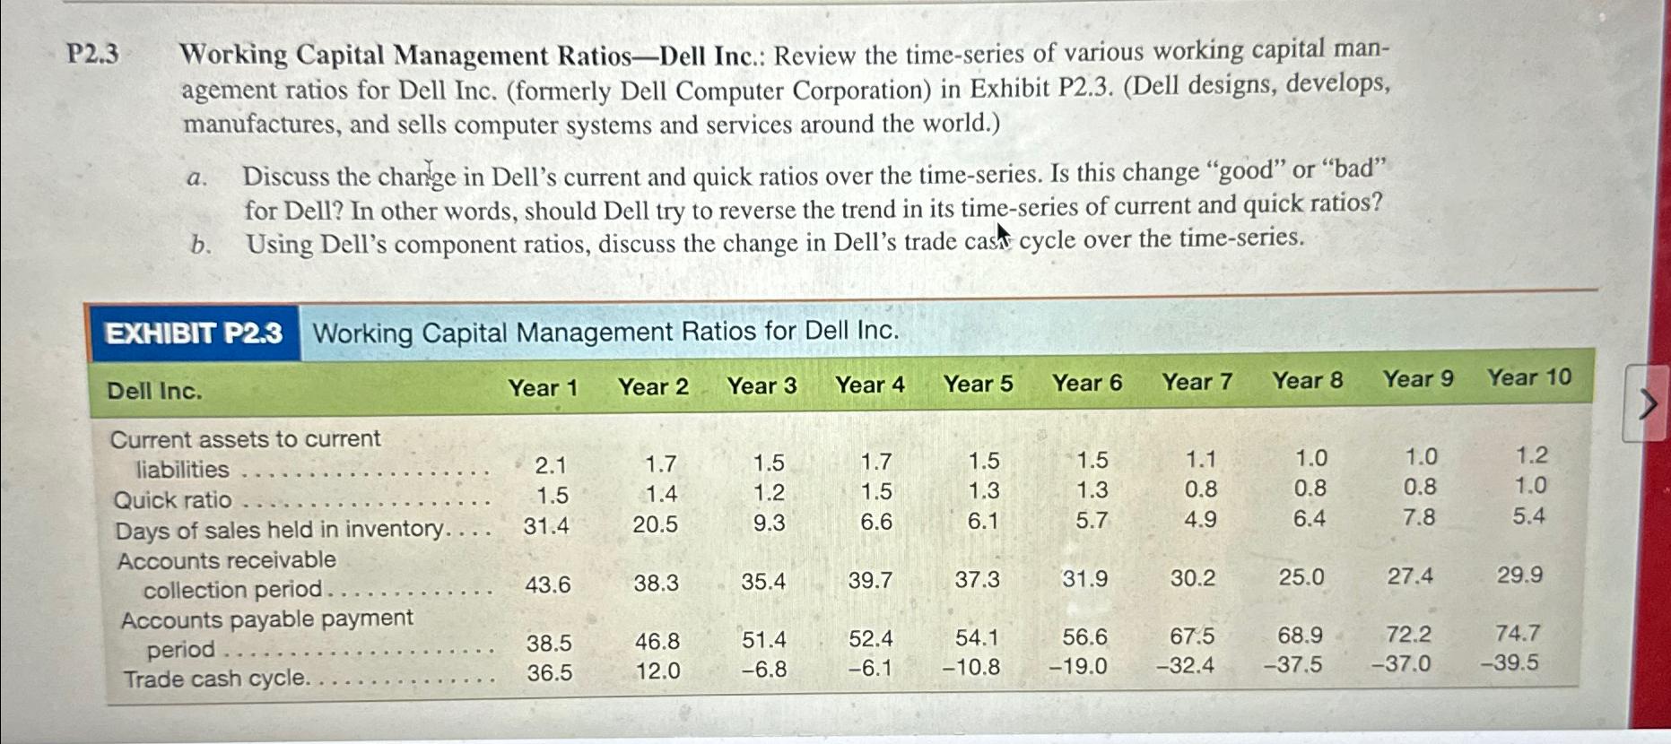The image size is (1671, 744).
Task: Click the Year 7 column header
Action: pyautogui.click(x=1197, y=382)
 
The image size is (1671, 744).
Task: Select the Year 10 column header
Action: pyautogui.click(x=1528, y=377)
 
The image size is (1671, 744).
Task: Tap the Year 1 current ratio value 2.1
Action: pyautogui.click(x=550, y=464)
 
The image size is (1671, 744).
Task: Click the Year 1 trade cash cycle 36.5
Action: pyautogui.click(x=549, y=672)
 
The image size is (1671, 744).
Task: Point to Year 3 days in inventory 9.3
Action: pyautogui.click(x=769, y=523)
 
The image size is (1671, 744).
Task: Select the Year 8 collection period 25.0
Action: pyautogui.click(x=1301, y=577)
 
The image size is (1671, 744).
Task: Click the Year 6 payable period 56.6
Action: pyautogui.click(x=1084, y=637)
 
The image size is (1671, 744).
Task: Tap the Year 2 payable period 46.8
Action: pyautogui.click(x=657, y=642)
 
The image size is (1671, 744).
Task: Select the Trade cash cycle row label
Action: pyautogui.click(x=215, y=679)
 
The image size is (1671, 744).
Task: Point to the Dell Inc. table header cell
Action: pyautogui.click(x=154, y=391)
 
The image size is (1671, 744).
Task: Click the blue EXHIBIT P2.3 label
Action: pyautogui.click(x=194, y=333)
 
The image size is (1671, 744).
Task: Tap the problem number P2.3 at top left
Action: pyautogui.click(x=92, y=55)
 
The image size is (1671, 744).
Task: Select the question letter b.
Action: pyautogui.click(x=199, y=246)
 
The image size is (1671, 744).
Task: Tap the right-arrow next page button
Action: pyautogui.click(x=1647, y=403)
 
